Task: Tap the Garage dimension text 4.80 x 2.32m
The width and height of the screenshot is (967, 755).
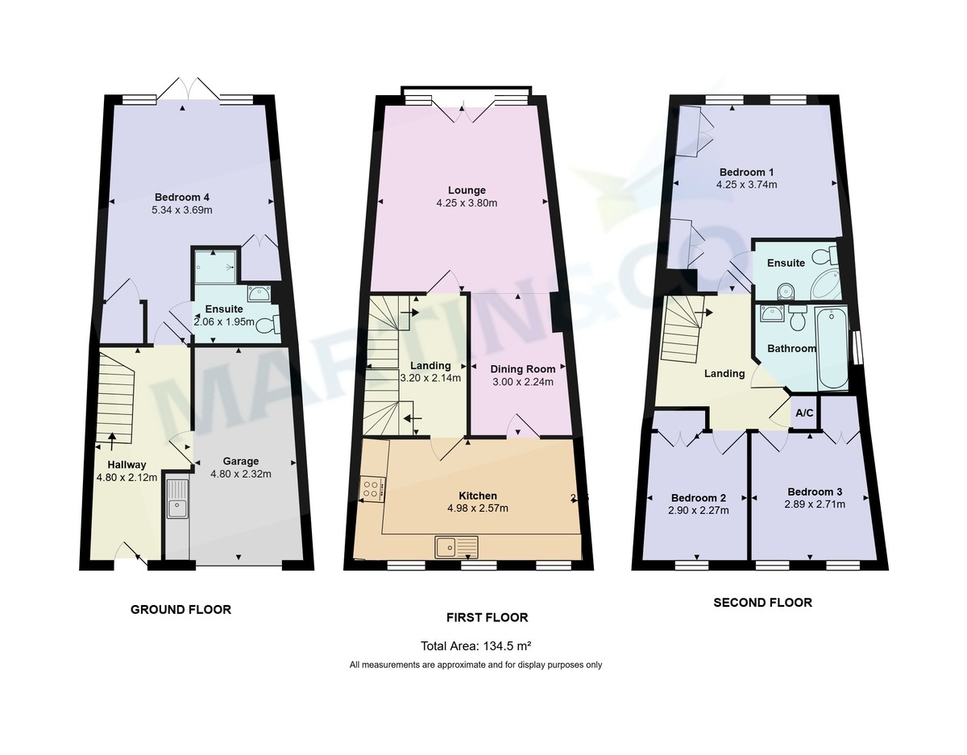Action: (241, 475)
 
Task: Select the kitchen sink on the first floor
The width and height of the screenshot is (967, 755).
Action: (456, 546)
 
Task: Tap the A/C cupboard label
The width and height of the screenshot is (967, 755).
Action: (803, 413)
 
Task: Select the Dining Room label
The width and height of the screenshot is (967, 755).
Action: (522, 369)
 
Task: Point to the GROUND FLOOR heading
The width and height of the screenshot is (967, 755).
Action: (181, 610)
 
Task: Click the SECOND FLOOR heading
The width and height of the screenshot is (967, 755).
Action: (762, 602)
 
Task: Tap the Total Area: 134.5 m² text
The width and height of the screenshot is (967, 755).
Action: (475, 646)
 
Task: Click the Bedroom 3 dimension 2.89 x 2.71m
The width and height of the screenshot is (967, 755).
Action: (816, 504)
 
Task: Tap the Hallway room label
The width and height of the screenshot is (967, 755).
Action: (127, 464)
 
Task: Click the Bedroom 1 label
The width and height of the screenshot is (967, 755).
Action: (746, 172)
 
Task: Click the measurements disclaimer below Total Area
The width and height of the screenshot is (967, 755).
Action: (475, 665)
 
